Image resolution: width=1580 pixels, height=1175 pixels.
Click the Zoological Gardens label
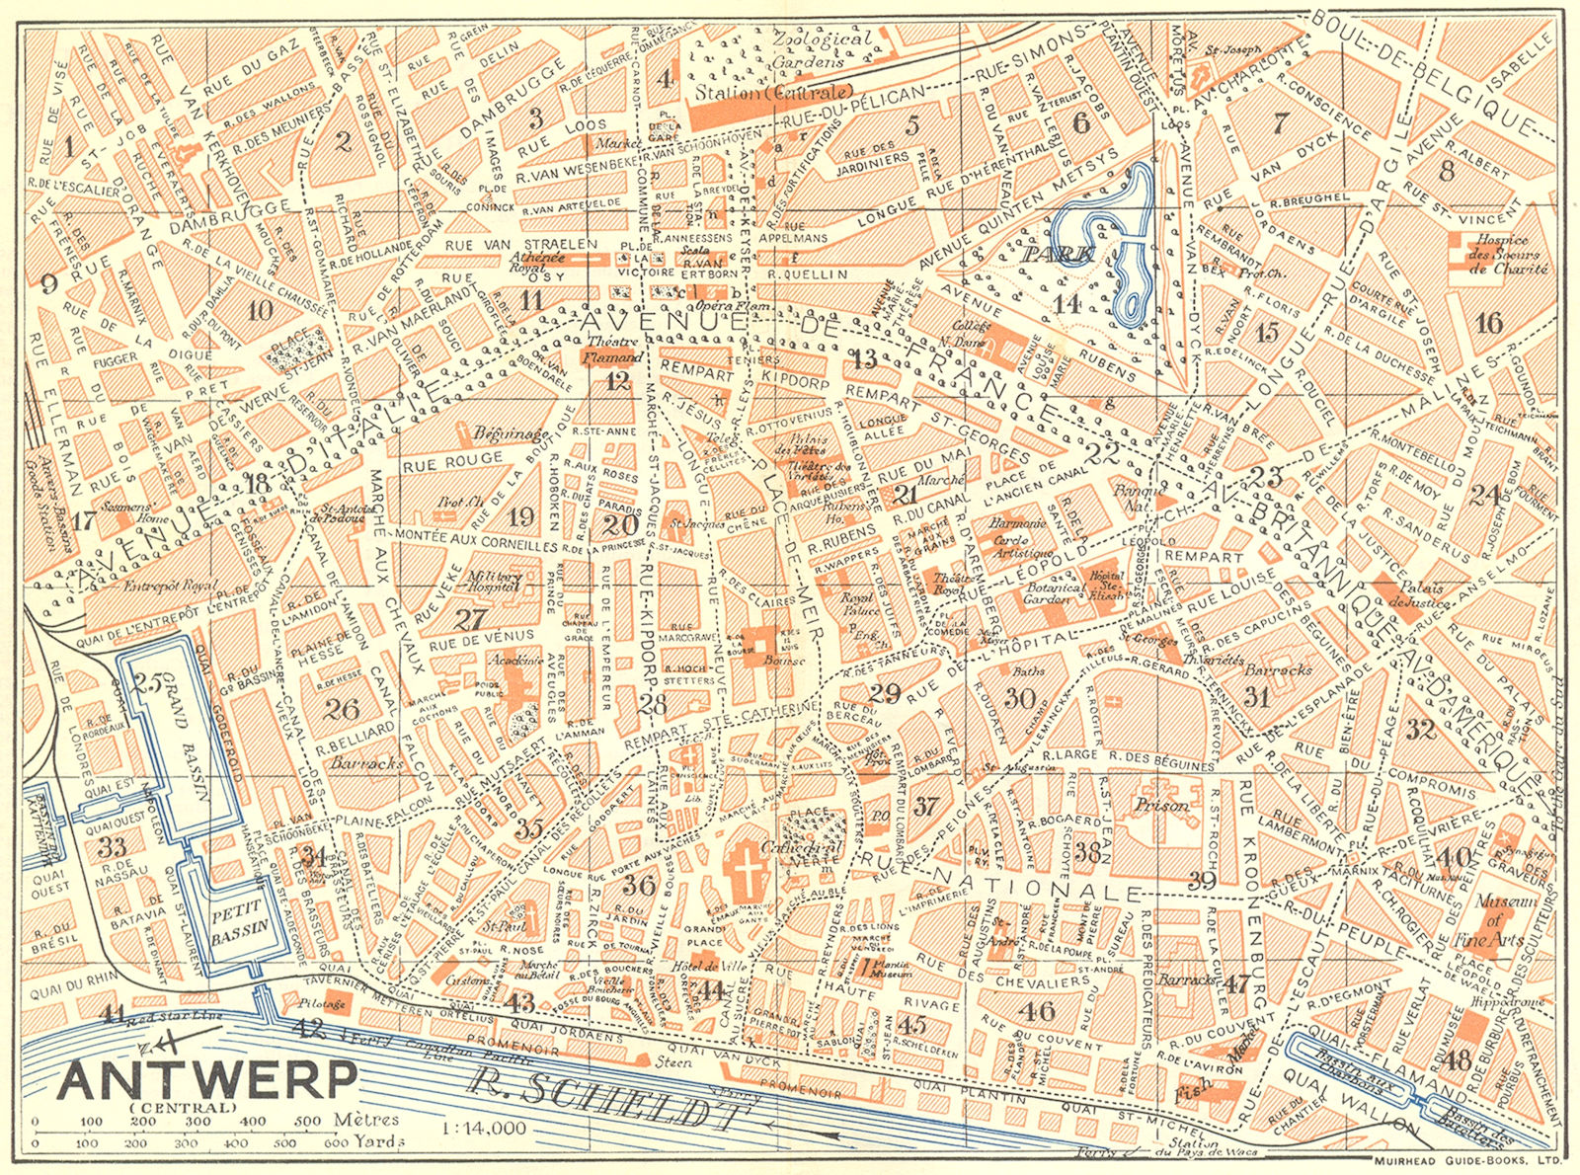(x=823, y=49)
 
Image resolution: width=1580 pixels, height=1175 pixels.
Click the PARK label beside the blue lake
(x=1059, y=254)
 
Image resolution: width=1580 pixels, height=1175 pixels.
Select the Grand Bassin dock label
(x=195, y=731)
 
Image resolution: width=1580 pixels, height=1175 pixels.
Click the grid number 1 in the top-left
(x=67, y=148)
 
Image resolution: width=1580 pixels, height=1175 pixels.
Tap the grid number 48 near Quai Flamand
(x=1457, y=1059)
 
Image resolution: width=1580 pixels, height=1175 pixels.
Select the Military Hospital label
(x=494, y=582)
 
